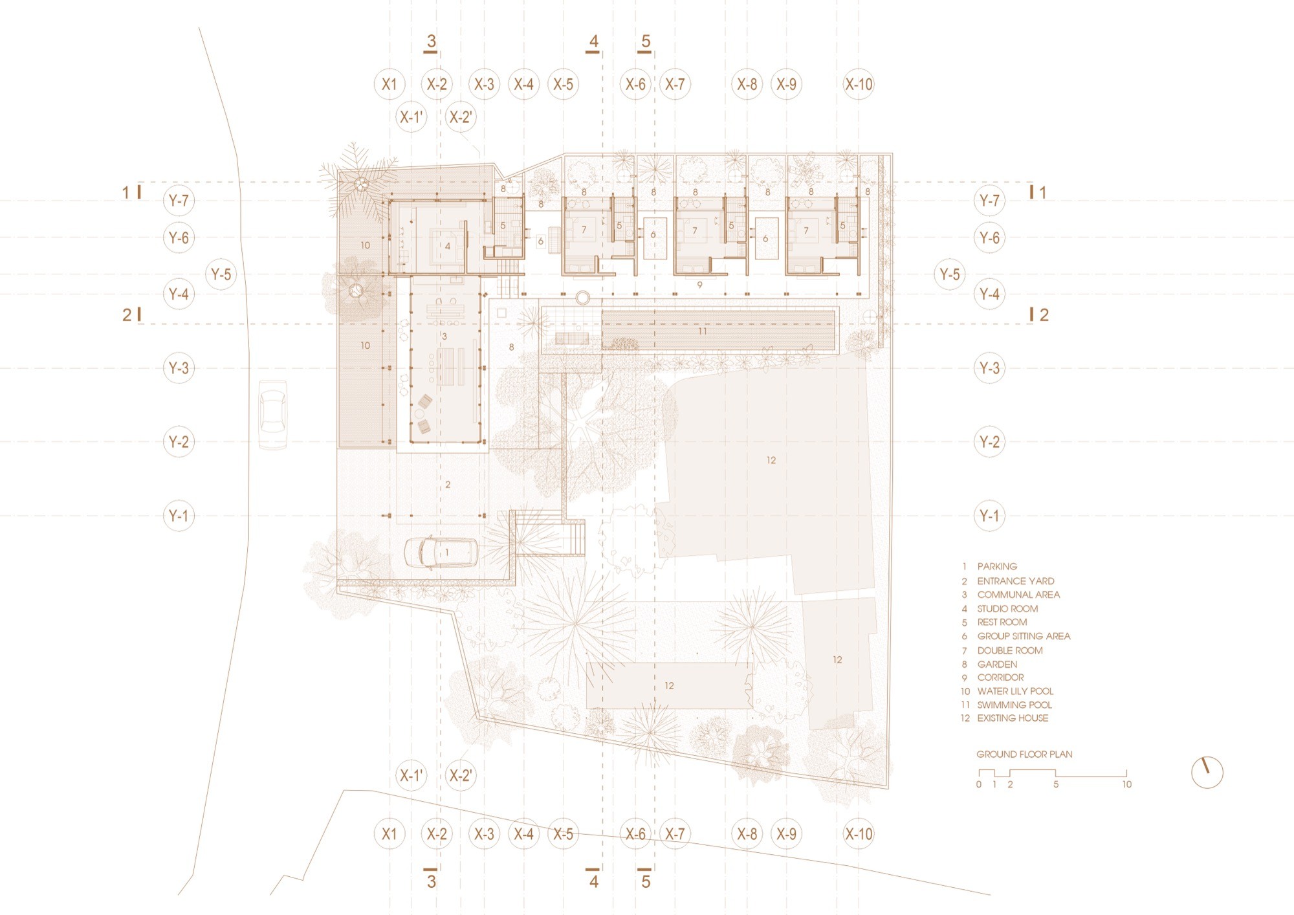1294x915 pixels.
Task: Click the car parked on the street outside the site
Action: click(273, 414)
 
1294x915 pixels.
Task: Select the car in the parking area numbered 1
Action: click(442, 553)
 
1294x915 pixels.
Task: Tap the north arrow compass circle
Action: click(1207, 772)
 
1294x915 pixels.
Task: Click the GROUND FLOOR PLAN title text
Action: click(1024, 754)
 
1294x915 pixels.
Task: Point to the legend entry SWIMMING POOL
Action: click(1014, 705)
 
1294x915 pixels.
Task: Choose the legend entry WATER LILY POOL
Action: click(1015, 691)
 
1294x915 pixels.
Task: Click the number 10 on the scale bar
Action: click(1126, 784)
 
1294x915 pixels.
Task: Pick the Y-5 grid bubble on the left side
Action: click(221, 274)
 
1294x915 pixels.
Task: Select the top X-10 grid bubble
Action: click(859, 84)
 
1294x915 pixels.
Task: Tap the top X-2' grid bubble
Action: click(461, 117)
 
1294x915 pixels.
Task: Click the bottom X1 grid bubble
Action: click(389, 833)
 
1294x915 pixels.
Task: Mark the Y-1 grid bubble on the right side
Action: click(989, 516)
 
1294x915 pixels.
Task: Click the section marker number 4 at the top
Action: click(593, 42)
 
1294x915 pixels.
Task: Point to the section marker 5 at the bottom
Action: click(645, 881)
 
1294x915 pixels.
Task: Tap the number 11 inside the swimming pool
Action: click(703, 331)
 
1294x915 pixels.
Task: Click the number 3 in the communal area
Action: click(444, 336)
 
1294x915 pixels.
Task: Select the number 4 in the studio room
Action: click(448, 247)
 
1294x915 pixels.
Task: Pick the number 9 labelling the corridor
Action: click(699, 285)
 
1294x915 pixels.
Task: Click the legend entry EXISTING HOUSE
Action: click(1013, 718)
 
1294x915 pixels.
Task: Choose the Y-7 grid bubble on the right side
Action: click(989, 201)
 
